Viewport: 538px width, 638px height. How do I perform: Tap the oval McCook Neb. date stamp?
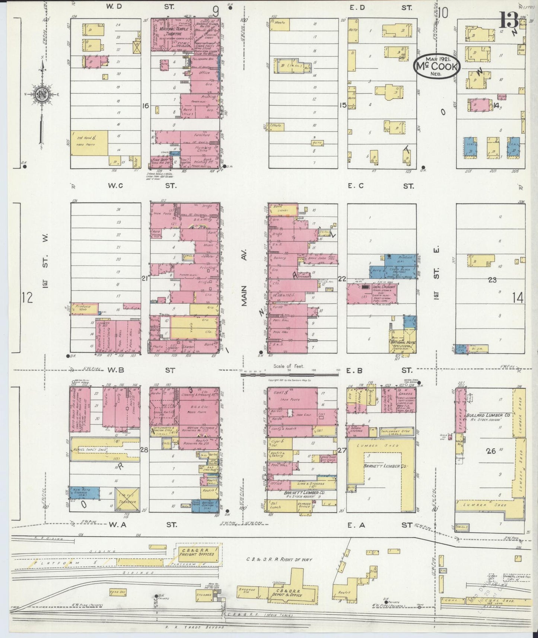[437, 66]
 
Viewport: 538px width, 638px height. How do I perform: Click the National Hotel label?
[402, 342]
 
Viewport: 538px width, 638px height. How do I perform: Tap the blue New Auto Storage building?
[85, 493]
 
